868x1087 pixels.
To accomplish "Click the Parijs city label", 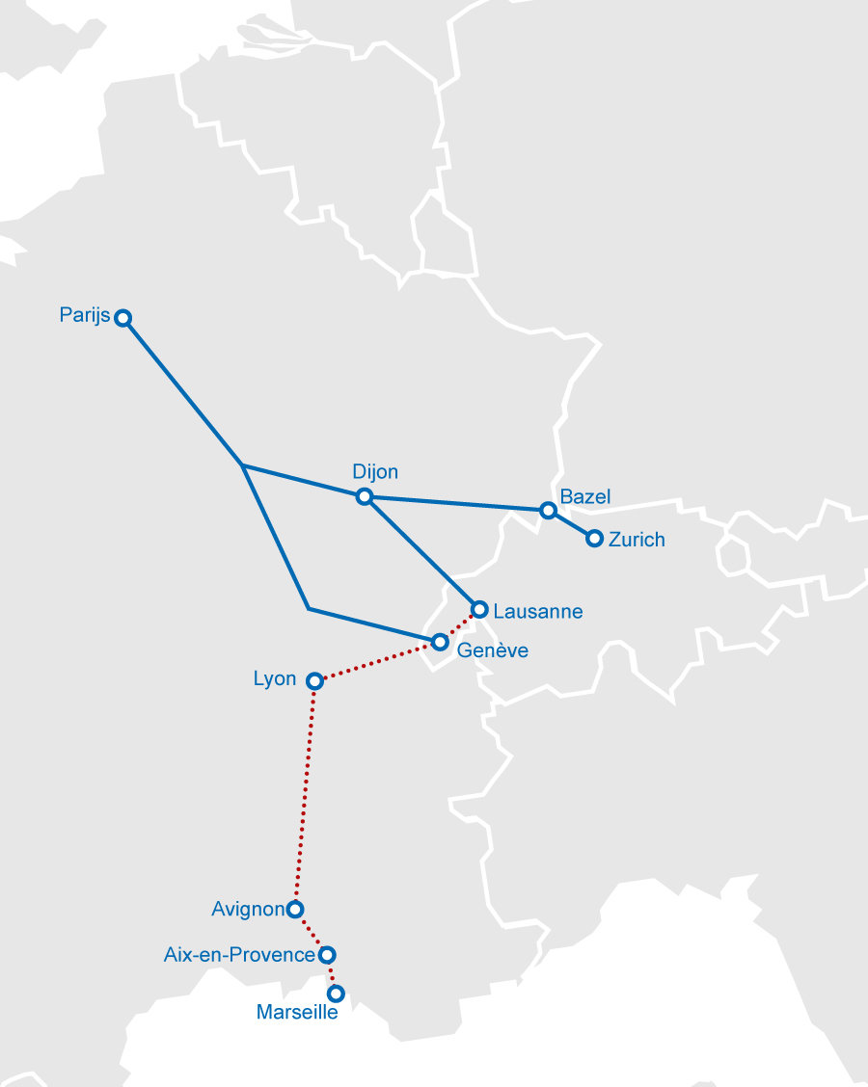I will pos(84,315).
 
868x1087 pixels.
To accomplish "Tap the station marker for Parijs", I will pos(123,318).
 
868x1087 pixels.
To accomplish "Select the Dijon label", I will pos(375,471).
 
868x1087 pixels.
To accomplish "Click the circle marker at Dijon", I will pos(364,496).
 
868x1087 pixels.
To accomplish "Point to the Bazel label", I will pos(585,497).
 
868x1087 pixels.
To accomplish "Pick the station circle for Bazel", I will pos(548,510).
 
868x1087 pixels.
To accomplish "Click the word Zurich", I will pos(637,540).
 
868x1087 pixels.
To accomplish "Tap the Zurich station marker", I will pos(594,539).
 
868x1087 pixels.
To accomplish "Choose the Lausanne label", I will pos(537,611).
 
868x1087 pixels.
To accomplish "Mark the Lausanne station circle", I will pos(479,609).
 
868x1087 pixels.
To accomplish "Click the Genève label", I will pos(492,650).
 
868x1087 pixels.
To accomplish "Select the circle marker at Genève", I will pos(440,642).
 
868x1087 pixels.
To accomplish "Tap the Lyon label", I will pos(275,678).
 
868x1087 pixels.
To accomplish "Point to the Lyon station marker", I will pos(313,681).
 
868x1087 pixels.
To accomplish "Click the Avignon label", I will pos(248,908).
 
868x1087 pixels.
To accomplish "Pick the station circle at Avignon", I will pos(295,909).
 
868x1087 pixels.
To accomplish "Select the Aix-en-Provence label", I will pos(240,955).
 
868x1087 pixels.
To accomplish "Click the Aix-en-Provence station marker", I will pos(326,955).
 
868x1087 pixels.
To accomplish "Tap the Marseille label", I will pos(297,1013).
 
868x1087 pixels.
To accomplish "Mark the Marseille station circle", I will pos(336,993).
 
